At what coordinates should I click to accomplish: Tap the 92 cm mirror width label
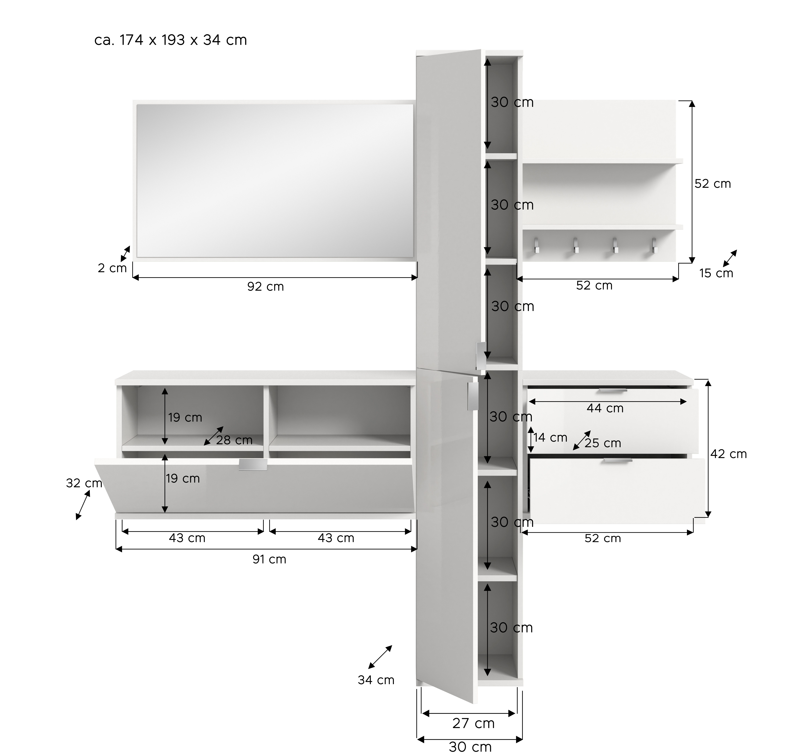[266, 287]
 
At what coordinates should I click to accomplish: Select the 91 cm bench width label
[269, 559]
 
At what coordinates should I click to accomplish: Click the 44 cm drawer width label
[605, 408]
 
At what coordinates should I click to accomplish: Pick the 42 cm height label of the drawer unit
[729, 454]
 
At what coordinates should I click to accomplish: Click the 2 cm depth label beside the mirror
[112, 268]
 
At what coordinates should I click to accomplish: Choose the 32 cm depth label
[84, 483]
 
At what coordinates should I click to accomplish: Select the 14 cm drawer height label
[550, 438]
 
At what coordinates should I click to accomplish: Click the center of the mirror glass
[275, 180]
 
